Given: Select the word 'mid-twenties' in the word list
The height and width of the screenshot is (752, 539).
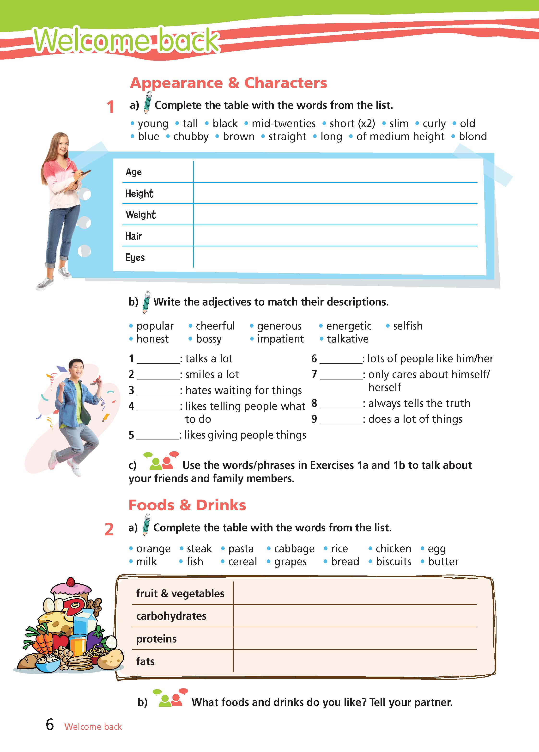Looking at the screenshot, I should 283,124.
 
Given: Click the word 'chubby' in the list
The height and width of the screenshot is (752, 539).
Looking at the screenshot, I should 191,137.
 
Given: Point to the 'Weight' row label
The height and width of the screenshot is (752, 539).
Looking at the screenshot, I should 140,215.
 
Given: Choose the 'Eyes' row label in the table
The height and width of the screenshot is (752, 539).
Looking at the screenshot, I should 135,258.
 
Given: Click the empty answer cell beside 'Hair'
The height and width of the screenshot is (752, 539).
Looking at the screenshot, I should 335,236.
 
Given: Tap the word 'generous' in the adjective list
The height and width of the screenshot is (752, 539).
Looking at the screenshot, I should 279,326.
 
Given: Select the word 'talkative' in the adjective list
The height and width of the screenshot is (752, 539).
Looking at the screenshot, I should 347,339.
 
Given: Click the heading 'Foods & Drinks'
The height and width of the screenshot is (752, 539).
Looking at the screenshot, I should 187,505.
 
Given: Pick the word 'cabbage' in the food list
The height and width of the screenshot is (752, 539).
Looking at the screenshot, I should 294,549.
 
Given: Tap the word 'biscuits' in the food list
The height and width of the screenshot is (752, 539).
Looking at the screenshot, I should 394,562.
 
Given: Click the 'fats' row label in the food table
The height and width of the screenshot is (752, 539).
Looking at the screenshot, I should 145,661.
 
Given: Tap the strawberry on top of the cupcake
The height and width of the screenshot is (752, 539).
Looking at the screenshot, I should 71,582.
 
